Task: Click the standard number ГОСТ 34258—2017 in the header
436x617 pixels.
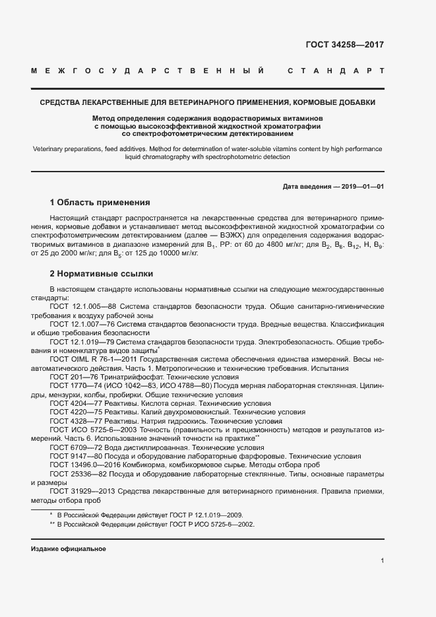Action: tap(344, 46)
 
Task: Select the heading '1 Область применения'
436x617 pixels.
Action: tap(100, 203)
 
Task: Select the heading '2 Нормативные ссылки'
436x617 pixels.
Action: tap(101, 273)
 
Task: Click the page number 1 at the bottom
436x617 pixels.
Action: tap(382, 560)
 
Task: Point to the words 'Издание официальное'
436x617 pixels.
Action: tap(69, 549)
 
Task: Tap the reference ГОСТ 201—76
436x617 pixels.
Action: tap(69, 375)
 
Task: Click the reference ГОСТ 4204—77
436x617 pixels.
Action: tap(72, 403)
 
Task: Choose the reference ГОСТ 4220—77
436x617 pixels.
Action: tap(72, 411)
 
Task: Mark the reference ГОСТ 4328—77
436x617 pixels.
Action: tap(72, 420)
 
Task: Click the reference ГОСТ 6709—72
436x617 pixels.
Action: tap(72, 447)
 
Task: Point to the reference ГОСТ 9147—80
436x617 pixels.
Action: tap(72, 456)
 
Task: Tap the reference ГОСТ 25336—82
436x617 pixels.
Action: tap(75, 474)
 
